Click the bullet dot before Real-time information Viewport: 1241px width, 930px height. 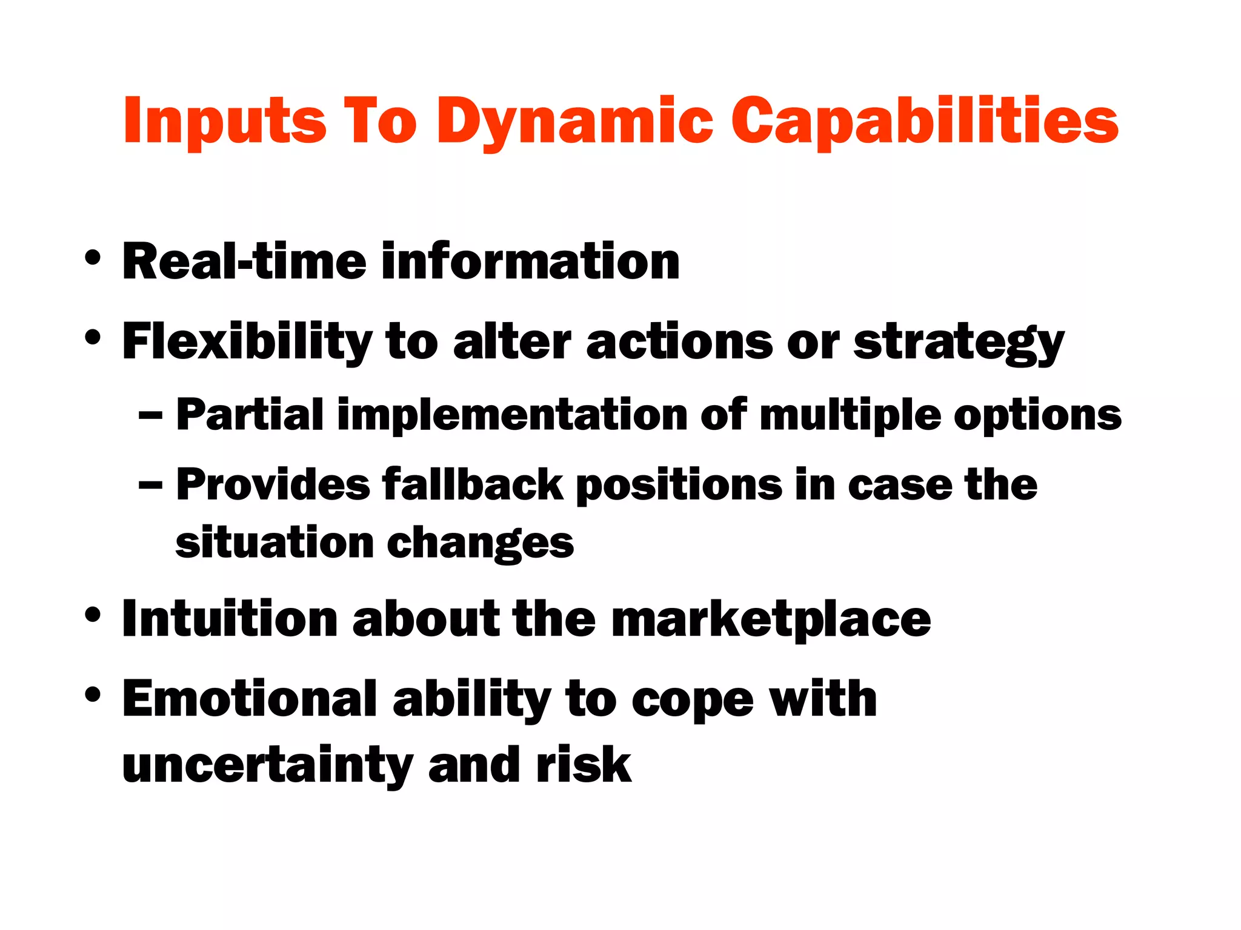[93, 259]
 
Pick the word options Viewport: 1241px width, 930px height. [1037, 417]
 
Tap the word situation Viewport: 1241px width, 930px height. [274, 542]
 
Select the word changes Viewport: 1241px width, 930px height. [480, 544]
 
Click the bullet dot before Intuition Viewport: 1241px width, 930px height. [93, 615]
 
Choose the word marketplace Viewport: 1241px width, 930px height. [771, 620]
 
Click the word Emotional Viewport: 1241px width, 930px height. [250, 699]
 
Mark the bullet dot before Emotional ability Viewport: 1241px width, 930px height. [93, 694]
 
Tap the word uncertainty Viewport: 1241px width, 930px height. [267, 766]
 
